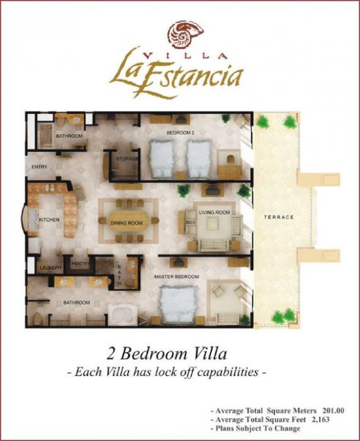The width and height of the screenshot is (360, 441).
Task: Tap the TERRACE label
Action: (x=279, y=217)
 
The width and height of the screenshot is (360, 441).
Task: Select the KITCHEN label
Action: (x=49, y=220)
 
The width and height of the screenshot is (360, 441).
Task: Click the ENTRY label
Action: (x=39, y=166)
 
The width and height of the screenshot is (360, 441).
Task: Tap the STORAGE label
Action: (x=127, y=159)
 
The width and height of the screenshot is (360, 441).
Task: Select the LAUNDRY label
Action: (x=51, y=268)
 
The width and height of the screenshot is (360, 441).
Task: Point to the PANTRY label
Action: (x=80, y=265)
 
